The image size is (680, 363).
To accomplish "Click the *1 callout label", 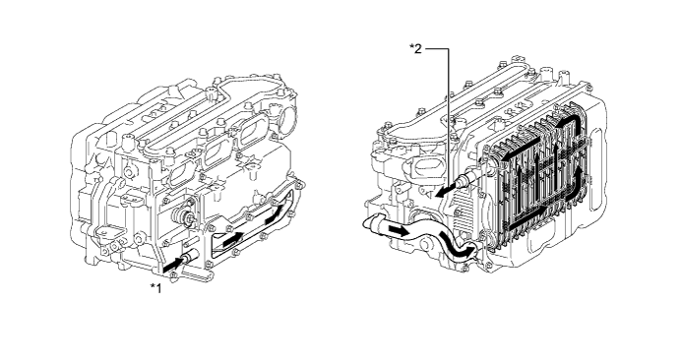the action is tap(155, 287).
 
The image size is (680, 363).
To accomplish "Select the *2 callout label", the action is tap(415, 48).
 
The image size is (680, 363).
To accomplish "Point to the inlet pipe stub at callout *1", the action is tap(190, 258).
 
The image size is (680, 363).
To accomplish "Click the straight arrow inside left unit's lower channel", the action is tap(233, 239).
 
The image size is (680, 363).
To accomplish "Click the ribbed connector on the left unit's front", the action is tap(182, 215).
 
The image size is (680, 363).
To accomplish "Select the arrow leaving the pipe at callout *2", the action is tap(447, 191).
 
